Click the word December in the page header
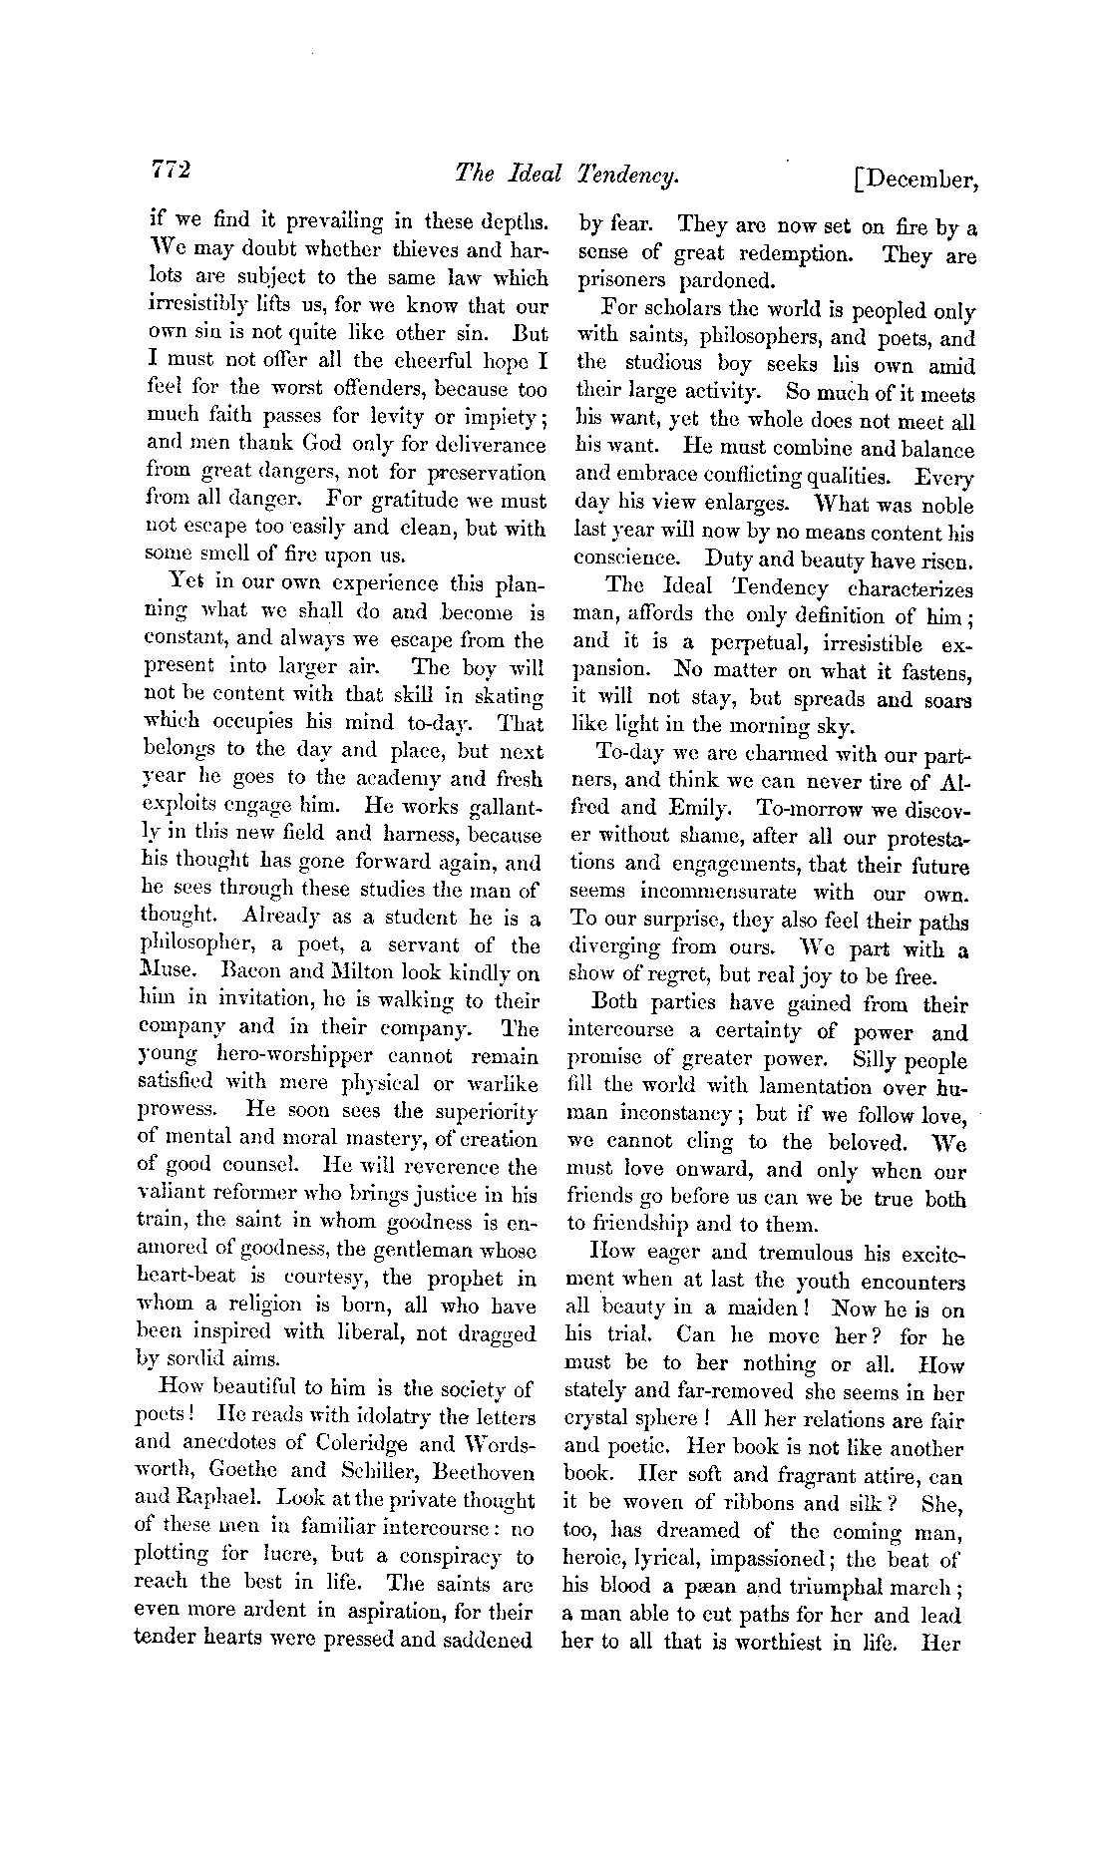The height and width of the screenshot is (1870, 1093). [x=922, y=180]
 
